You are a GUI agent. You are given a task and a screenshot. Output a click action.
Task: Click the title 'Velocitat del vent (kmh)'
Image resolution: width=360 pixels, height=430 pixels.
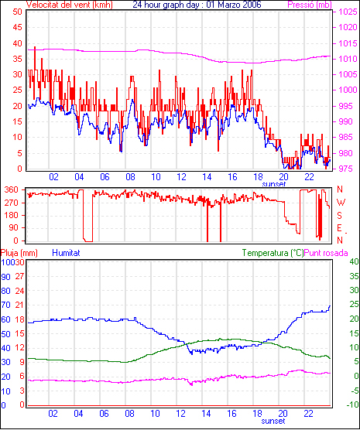click(69, 5)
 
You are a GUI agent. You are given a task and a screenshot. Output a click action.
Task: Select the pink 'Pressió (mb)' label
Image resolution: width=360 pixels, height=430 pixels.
click(310, 5)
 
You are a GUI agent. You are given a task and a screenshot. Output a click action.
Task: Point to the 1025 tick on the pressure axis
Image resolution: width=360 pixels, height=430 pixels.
click(348, 12)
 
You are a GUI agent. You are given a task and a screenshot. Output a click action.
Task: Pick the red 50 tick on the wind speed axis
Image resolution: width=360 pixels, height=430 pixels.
click(17, 12)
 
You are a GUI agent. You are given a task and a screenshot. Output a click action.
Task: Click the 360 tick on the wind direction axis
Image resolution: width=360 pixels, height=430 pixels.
click(12, 189)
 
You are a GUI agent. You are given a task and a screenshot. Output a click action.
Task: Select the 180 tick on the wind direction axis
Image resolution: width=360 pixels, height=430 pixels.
click(12, 216)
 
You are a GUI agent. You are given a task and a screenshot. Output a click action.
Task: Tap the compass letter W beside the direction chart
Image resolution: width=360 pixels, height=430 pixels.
click(341, 203)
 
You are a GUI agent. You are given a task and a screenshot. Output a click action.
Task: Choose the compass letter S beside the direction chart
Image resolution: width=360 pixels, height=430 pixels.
click(340, 216)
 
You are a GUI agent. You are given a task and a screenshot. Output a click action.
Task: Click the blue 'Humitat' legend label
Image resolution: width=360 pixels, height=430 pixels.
click(66, 253)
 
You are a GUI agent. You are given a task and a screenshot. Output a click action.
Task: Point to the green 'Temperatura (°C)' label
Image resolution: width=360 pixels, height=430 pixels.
click(273, 253)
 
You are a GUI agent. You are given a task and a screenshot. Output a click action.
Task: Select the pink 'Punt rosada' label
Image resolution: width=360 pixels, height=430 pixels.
click(326, 253)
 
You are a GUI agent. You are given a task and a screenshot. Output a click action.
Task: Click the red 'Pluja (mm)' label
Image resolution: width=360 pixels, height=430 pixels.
click(19, 253)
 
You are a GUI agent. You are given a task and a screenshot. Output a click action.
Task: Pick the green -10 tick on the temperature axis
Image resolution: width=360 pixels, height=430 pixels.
click(352, 404)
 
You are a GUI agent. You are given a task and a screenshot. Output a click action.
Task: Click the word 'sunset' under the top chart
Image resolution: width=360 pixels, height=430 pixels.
click(274, 184)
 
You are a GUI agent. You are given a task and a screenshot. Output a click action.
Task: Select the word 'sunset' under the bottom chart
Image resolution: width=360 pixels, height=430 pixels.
click(273, 421)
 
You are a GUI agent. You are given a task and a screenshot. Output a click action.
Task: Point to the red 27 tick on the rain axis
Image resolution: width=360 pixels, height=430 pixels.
click(19, 276)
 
